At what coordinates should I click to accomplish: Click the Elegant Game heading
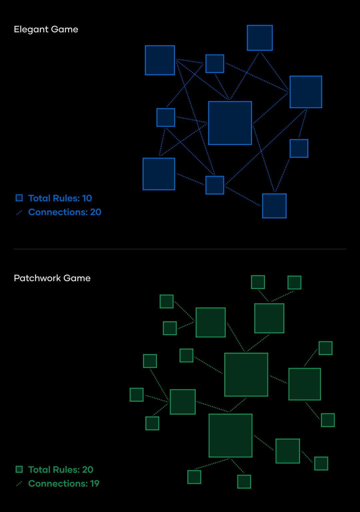46,29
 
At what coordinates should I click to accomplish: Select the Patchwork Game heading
52,278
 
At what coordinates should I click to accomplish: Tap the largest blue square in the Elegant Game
230,123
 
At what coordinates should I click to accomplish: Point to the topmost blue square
260,38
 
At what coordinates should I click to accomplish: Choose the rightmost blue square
306,92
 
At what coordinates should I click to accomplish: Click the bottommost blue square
274,206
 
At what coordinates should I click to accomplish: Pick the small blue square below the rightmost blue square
299,148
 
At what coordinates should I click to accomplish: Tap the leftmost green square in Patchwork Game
137,395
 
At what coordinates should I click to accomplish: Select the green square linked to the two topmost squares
269,318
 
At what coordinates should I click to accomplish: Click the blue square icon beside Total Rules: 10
19,198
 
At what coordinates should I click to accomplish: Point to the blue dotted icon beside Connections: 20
19,212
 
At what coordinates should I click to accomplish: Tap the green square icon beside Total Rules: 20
19,469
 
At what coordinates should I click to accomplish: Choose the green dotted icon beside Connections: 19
19,484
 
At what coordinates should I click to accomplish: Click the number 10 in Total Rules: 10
87,198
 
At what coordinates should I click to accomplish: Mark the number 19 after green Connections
95,483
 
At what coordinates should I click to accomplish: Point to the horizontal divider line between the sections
180,249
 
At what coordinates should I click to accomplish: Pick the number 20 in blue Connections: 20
96,212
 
